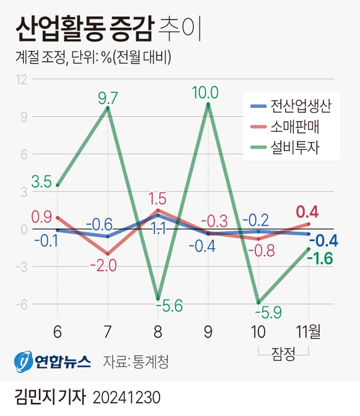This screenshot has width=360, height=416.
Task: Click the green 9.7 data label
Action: pos(107,96)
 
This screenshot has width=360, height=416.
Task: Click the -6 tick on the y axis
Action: pos(22,304)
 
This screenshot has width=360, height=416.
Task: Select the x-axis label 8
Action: pos(158,331)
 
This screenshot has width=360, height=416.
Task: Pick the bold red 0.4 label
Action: pos(307,212)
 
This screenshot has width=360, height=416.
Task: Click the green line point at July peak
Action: pos(108,108)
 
